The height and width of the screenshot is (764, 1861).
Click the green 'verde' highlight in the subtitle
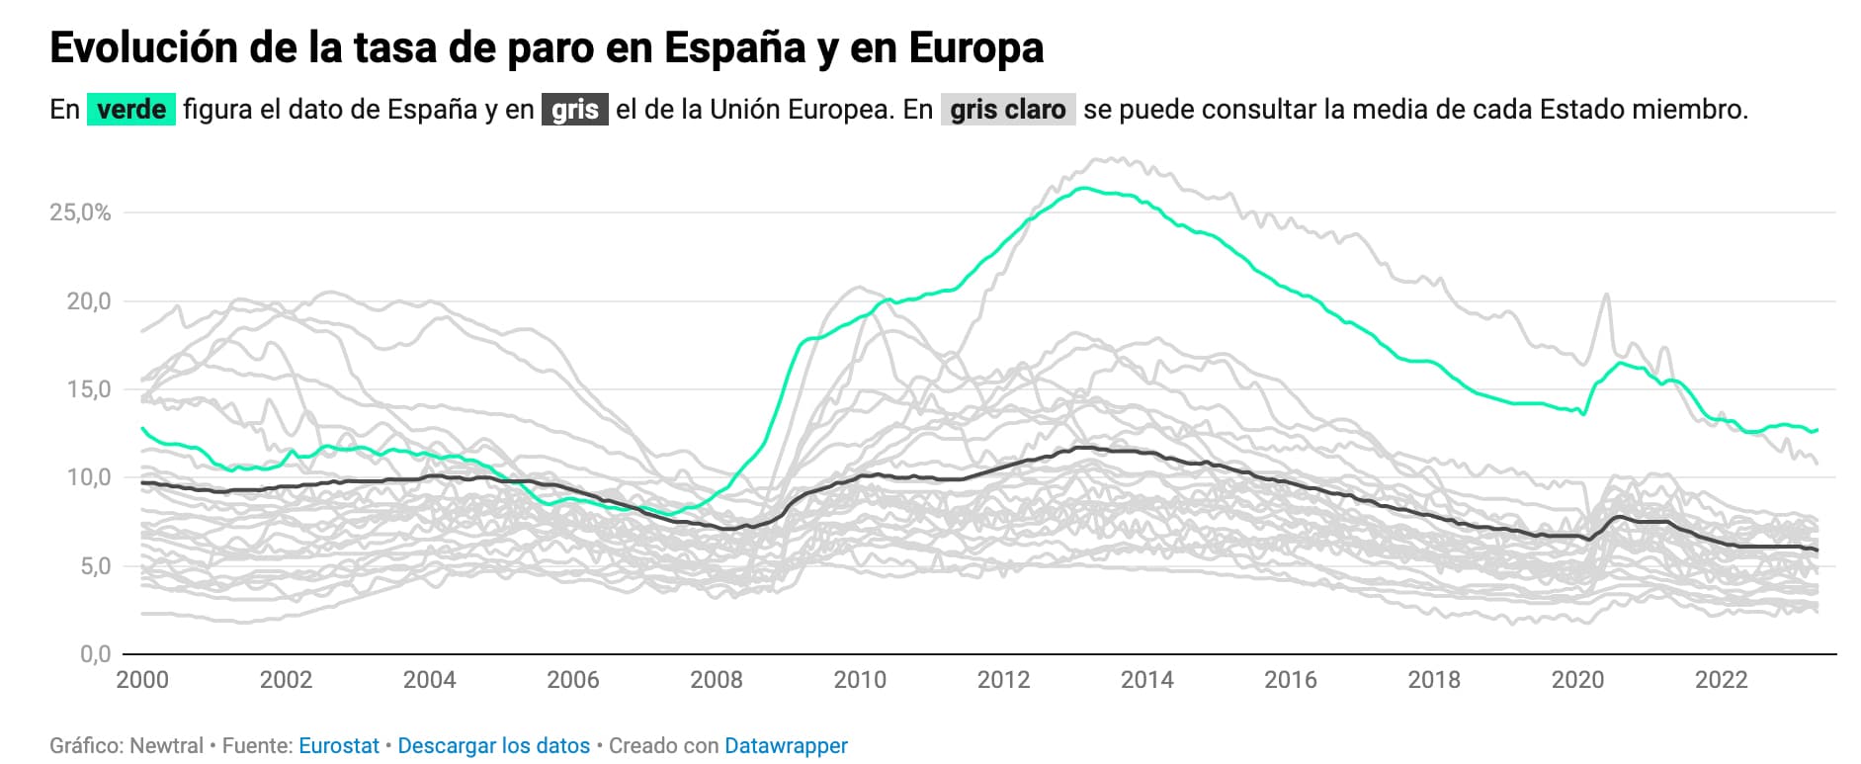coord(131,109)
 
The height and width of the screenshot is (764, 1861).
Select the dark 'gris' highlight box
coord(574,109)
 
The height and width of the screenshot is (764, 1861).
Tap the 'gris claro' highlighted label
coord(1007,109)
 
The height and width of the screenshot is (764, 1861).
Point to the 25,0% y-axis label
coord(80,212)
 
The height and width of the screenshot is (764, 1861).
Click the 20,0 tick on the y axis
coord(88,301)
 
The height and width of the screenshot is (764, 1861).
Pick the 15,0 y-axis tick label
coord(88,389)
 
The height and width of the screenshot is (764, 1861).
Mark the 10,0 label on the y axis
coord(88,478)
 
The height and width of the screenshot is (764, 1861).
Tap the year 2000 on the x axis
coord(142,680)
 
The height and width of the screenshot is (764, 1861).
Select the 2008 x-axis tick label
coord(717,680)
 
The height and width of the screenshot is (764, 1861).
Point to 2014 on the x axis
coord(1146,680)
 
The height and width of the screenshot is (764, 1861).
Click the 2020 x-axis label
coord(1577,680)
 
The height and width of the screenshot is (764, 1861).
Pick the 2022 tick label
coord(1721,680)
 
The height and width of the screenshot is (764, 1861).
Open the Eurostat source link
coord(338,746)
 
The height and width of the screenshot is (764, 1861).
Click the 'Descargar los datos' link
coord(493,746)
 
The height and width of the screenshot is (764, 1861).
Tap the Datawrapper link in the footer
coord(786,746)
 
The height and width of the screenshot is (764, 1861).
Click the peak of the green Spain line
coord(1085,188)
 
